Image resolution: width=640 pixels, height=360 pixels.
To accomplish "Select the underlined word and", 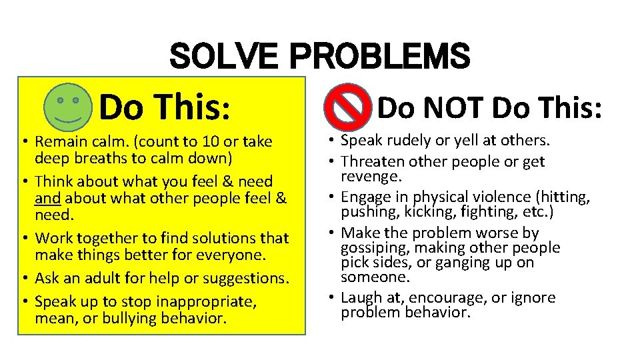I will click(47, 198).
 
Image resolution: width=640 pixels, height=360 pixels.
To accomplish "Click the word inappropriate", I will click(206, 301).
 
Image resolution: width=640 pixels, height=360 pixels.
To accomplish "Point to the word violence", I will click(497, 197).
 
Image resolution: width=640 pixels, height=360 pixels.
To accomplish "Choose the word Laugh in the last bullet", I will click(361, 297).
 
